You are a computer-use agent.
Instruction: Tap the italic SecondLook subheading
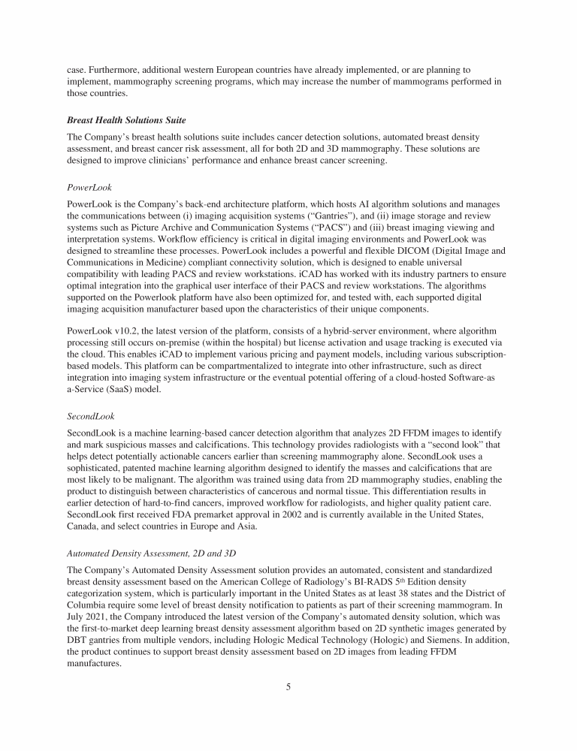(x=93, y=415)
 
